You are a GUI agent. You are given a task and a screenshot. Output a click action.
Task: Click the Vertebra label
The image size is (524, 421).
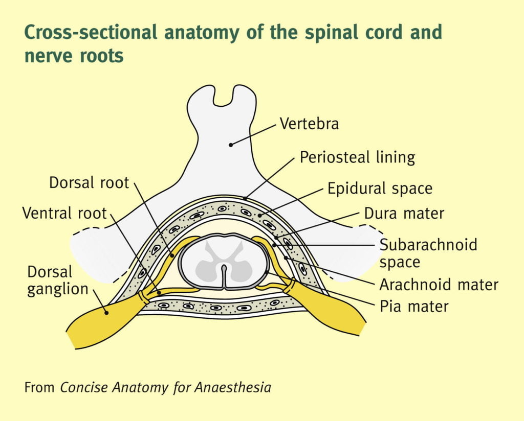click(x=309, y=124)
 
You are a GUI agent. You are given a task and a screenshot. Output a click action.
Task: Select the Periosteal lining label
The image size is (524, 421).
click(x=357, y=157)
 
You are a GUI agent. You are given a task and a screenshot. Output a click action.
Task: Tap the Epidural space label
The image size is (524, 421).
click(x=380, y=189)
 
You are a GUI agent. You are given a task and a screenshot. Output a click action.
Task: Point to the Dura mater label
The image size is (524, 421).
click(x=404, y=213)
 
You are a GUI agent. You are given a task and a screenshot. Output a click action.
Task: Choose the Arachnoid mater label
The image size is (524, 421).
click(x=439, y=284)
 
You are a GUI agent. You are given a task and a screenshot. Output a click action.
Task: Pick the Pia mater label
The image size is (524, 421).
click(x=413, y=307)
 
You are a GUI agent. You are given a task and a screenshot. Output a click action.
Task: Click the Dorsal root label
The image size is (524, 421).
click(x=89, y=183)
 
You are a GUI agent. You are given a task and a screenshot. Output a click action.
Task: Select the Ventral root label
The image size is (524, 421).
click(x=64, y=213)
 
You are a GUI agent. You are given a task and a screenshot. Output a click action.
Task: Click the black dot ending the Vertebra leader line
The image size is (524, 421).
click(x=231, y=145)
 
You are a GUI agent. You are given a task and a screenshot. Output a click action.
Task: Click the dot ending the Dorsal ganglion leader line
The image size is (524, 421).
click(x=106, y=312)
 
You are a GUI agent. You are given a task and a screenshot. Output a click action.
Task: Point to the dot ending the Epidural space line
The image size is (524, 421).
click(x=260, y=216)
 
